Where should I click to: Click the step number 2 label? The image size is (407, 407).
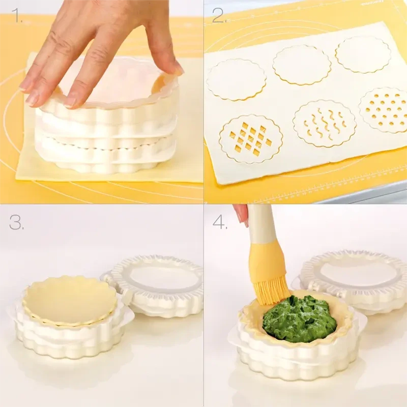219,15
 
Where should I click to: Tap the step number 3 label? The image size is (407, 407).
16,222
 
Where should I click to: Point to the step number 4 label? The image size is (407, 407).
220,222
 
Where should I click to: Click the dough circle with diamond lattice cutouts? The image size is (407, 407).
251,139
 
